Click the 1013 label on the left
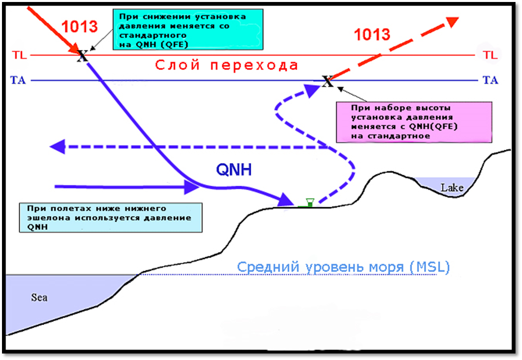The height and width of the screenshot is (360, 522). click(79, 26)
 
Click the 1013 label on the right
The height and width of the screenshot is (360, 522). click(372, 34)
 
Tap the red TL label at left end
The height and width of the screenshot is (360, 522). click(19, 55)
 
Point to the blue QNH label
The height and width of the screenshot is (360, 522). click(234, 170)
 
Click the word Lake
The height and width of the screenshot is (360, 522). click(452, 188)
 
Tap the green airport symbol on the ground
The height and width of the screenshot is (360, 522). click(309, 202)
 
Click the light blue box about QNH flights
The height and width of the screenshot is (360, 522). click(110, 217)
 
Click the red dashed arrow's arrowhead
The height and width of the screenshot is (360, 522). click(452, 22)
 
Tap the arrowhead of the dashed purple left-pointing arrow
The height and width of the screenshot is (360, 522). click(58, 147)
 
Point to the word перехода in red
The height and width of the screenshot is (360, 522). click(260, 65)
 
